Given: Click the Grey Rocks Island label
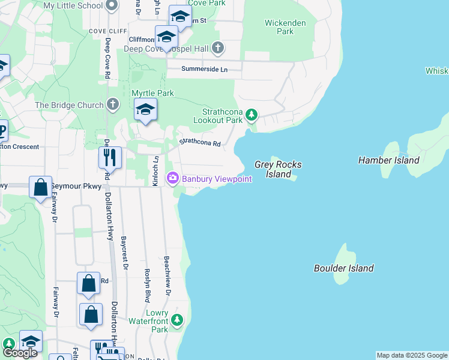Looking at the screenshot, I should (x=278, y=169).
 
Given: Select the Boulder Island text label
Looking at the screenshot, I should (x=344, y=268).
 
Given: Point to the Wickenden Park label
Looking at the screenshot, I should (x=285, y=27).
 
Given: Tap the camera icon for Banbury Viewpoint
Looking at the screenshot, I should (x=173, y=178).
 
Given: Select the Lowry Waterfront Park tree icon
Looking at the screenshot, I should (x=176, y=319).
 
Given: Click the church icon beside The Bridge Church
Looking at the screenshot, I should (x=112, y=105).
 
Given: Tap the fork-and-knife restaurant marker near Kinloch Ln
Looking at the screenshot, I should (x=110, y=157).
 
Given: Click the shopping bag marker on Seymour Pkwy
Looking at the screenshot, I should (x=40, y=187).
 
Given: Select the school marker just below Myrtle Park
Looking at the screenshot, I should (x=145, y=110).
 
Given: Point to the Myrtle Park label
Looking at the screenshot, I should (x=152, y=93).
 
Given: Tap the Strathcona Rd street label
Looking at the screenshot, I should (x=200, y=143).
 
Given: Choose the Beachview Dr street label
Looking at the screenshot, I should (x=167, y=277).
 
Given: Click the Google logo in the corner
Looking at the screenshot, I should (x=20, y=353).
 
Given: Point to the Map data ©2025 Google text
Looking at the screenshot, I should (x=411, y=355).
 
